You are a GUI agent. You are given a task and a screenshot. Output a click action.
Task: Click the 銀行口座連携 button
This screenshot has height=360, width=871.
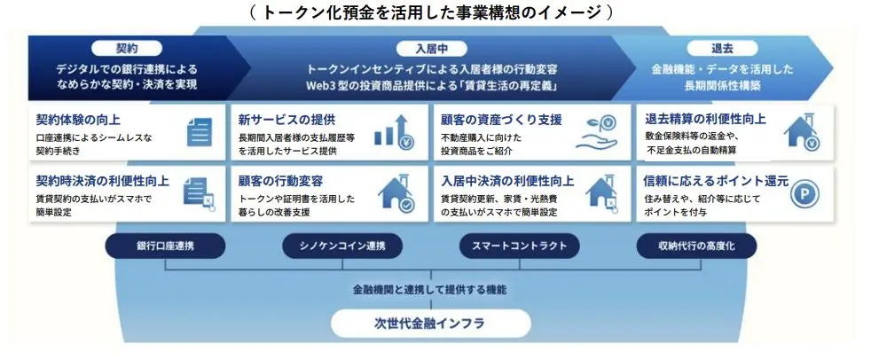166,246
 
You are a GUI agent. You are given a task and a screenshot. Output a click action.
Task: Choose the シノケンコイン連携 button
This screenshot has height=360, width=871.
342,246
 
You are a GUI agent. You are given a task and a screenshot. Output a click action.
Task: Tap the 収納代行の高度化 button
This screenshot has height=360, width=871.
696,246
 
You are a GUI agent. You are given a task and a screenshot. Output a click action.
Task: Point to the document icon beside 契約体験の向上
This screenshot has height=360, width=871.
199,131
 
